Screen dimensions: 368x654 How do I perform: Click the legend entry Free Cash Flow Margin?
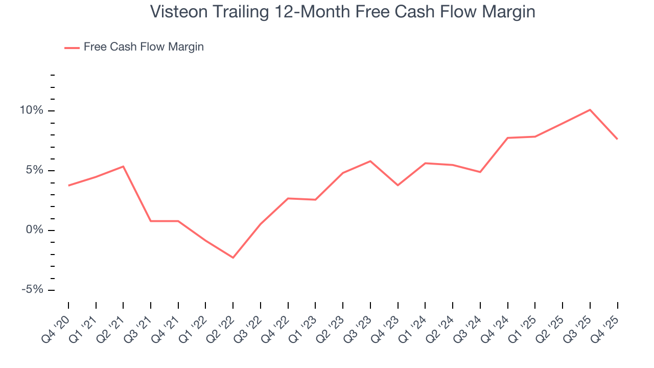(x=144, y=47)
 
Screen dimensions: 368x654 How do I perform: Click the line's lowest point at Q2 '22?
(x=233, y=258)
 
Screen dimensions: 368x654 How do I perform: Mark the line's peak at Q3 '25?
(x=590, y=109)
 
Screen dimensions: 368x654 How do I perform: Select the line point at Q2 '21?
(x=123, y=166)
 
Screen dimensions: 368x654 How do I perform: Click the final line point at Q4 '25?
(x=617, y=139)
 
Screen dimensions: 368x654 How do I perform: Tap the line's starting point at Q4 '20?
(x=68, y=186)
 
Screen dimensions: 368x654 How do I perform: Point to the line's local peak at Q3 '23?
(x=370, y=161)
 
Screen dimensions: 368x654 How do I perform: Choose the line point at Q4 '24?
(x=508, y=137)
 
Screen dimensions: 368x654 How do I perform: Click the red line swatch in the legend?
(x=72, y=48)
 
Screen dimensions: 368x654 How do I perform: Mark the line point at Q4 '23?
(x=398, y=185)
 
